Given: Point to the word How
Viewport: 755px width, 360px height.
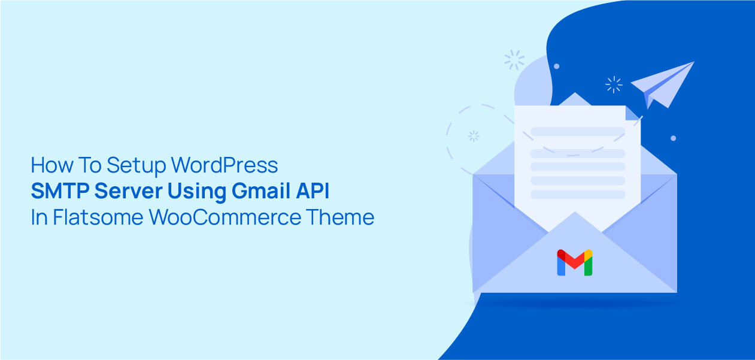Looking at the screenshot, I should click(x=50, y=165).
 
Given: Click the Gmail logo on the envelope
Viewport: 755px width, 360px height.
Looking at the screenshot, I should click(x=574, y=262).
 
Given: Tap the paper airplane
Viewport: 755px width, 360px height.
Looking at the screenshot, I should click(x=663, y=84).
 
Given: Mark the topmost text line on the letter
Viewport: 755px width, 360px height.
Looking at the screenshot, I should click(x=578, y=131).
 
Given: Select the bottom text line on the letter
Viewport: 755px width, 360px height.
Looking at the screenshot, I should click(x=578, y=195).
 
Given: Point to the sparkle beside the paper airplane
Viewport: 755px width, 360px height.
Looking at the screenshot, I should click(x=614, y=84).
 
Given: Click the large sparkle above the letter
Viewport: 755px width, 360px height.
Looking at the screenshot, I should click(x=514, y=59).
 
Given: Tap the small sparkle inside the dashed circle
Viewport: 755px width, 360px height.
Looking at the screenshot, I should click(x=474, y=136).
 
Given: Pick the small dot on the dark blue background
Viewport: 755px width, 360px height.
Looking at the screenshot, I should click(x=673, y=138).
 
